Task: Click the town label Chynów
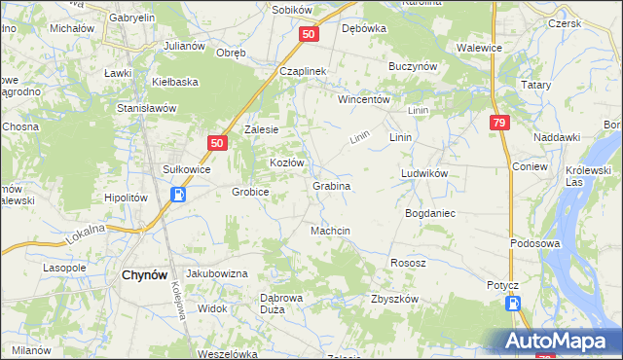click(x=148, y=275)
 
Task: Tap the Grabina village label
click(x=331, y=185)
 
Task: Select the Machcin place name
click(x=330, y=231)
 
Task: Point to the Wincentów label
click(x=363, y=99)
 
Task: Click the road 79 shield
click(x=499, y=123)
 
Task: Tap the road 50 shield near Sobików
click(x=308, y=34)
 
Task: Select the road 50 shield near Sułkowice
click(x=216, y=143)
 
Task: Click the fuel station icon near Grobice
click(x=179, y=195)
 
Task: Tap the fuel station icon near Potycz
click(x=514, y=305)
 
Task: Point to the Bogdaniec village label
click(x=430, y=211)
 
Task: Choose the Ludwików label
click(x=423, y=173)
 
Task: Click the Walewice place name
click(x=479, y=47)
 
